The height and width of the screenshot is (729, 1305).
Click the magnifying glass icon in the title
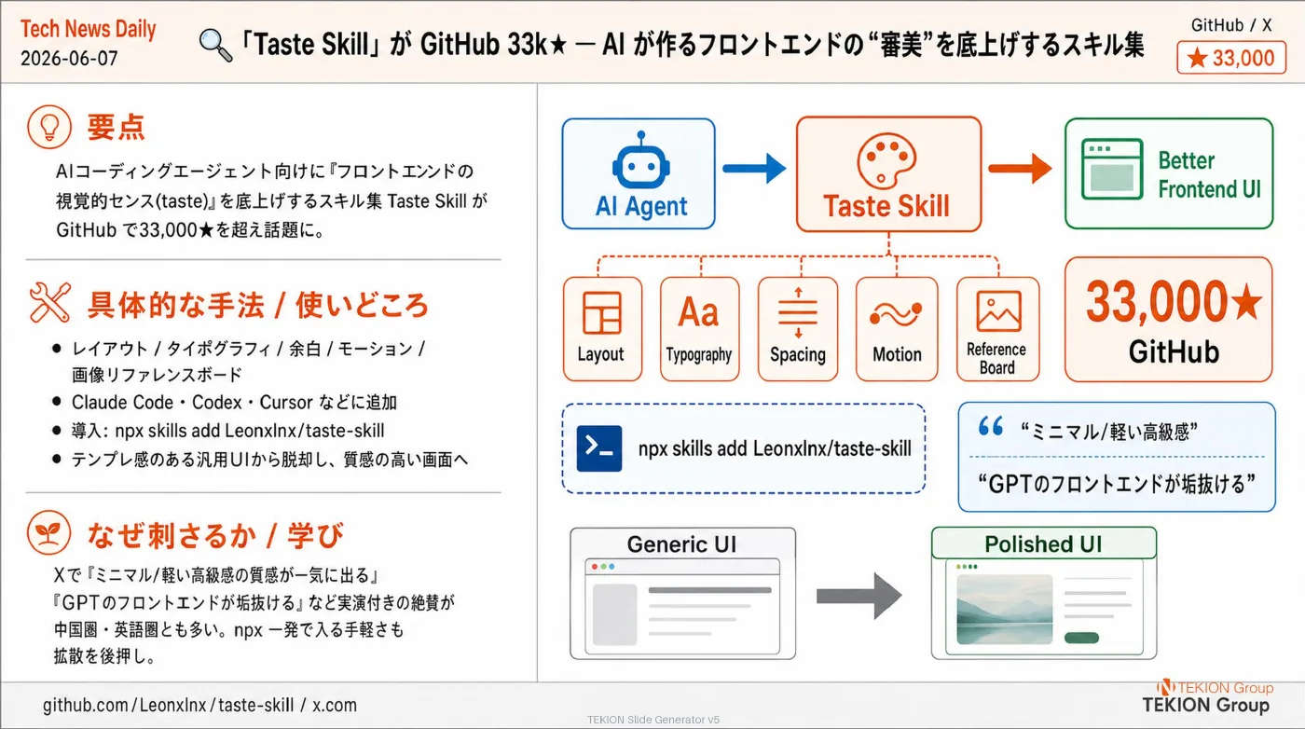[x=215, y=45]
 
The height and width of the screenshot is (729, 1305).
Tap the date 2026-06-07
[x=69, y=59]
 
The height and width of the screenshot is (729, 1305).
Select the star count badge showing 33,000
[x=1231, y=58]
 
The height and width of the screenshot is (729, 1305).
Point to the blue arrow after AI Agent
[x=754, y=169]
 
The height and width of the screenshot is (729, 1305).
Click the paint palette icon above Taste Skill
[x=886, y=161]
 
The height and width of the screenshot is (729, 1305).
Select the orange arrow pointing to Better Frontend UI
[x=1020, y=169]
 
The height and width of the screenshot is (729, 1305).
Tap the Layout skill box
[x=602, y=329]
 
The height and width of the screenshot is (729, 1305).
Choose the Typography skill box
[x=700, y=329]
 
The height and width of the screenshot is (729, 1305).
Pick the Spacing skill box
[x=798, y=329]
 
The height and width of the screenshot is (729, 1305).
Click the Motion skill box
[x=897, y=329]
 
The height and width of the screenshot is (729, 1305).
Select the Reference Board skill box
[x=997, y=329]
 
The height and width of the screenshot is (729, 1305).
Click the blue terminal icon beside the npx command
[x=598, y=448]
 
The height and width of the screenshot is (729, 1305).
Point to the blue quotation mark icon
[x=990, y=426]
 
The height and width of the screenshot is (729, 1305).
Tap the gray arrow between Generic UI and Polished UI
[x=859, y=596]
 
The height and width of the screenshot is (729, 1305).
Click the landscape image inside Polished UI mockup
[x=1005, y=610]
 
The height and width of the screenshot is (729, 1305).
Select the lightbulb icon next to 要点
[x=48, y=127]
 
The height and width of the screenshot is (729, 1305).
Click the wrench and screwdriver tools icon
[x=49, y=302]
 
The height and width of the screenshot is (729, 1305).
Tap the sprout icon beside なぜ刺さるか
[x=48, y=532]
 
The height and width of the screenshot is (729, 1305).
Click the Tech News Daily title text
[x=88, y=29]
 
